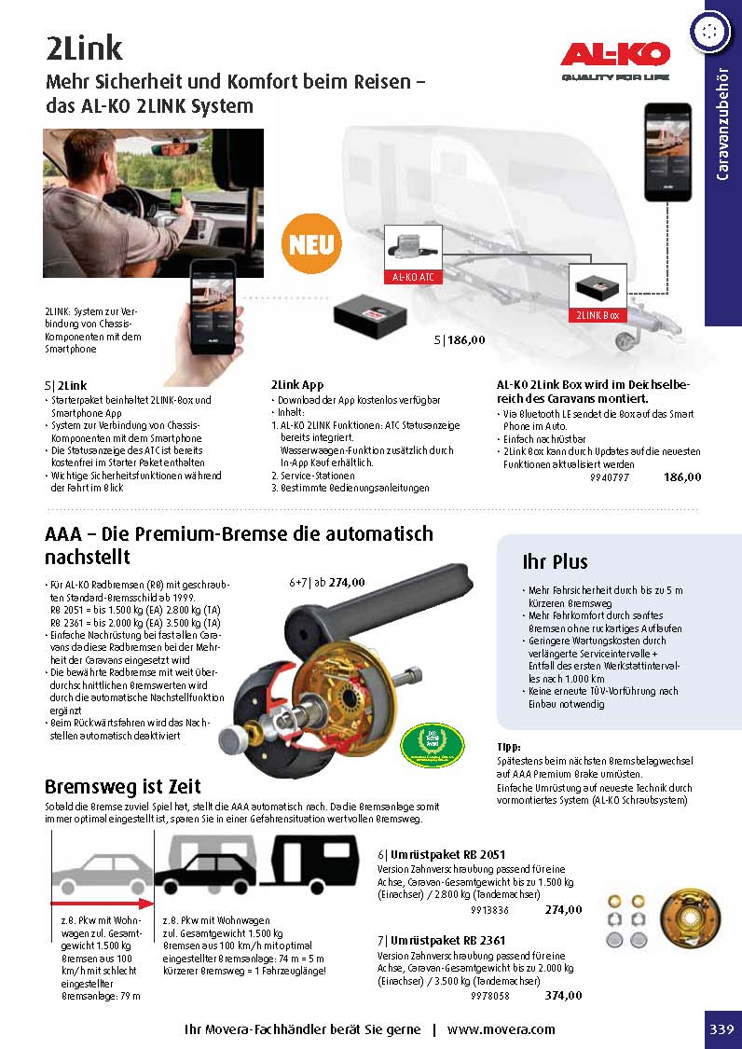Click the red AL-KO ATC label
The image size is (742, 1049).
[x=413, y=277]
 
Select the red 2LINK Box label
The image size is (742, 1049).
[x=598, y=316]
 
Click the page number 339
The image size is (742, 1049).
[x=721, y=1029]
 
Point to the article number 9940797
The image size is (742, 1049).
[x=610, y=477]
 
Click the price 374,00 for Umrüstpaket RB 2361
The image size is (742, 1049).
[x=563, y=996]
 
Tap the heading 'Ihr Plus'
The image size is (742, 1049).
[x=555, y=561]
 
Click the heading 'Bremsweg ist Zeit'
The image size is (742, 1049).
[x=123, y=786]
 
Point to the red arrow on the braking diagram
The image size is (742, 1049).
[x=100, y=903]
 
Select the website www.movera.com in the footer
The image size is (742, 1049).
[x=501, y=1029]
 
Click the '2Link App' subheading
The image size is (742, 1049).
[x=297, y=384]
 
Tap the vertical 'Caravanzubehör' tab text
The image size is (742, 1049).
[x=722, y=126]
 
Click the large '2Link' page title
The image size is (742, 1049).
[x=85, y=48]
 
